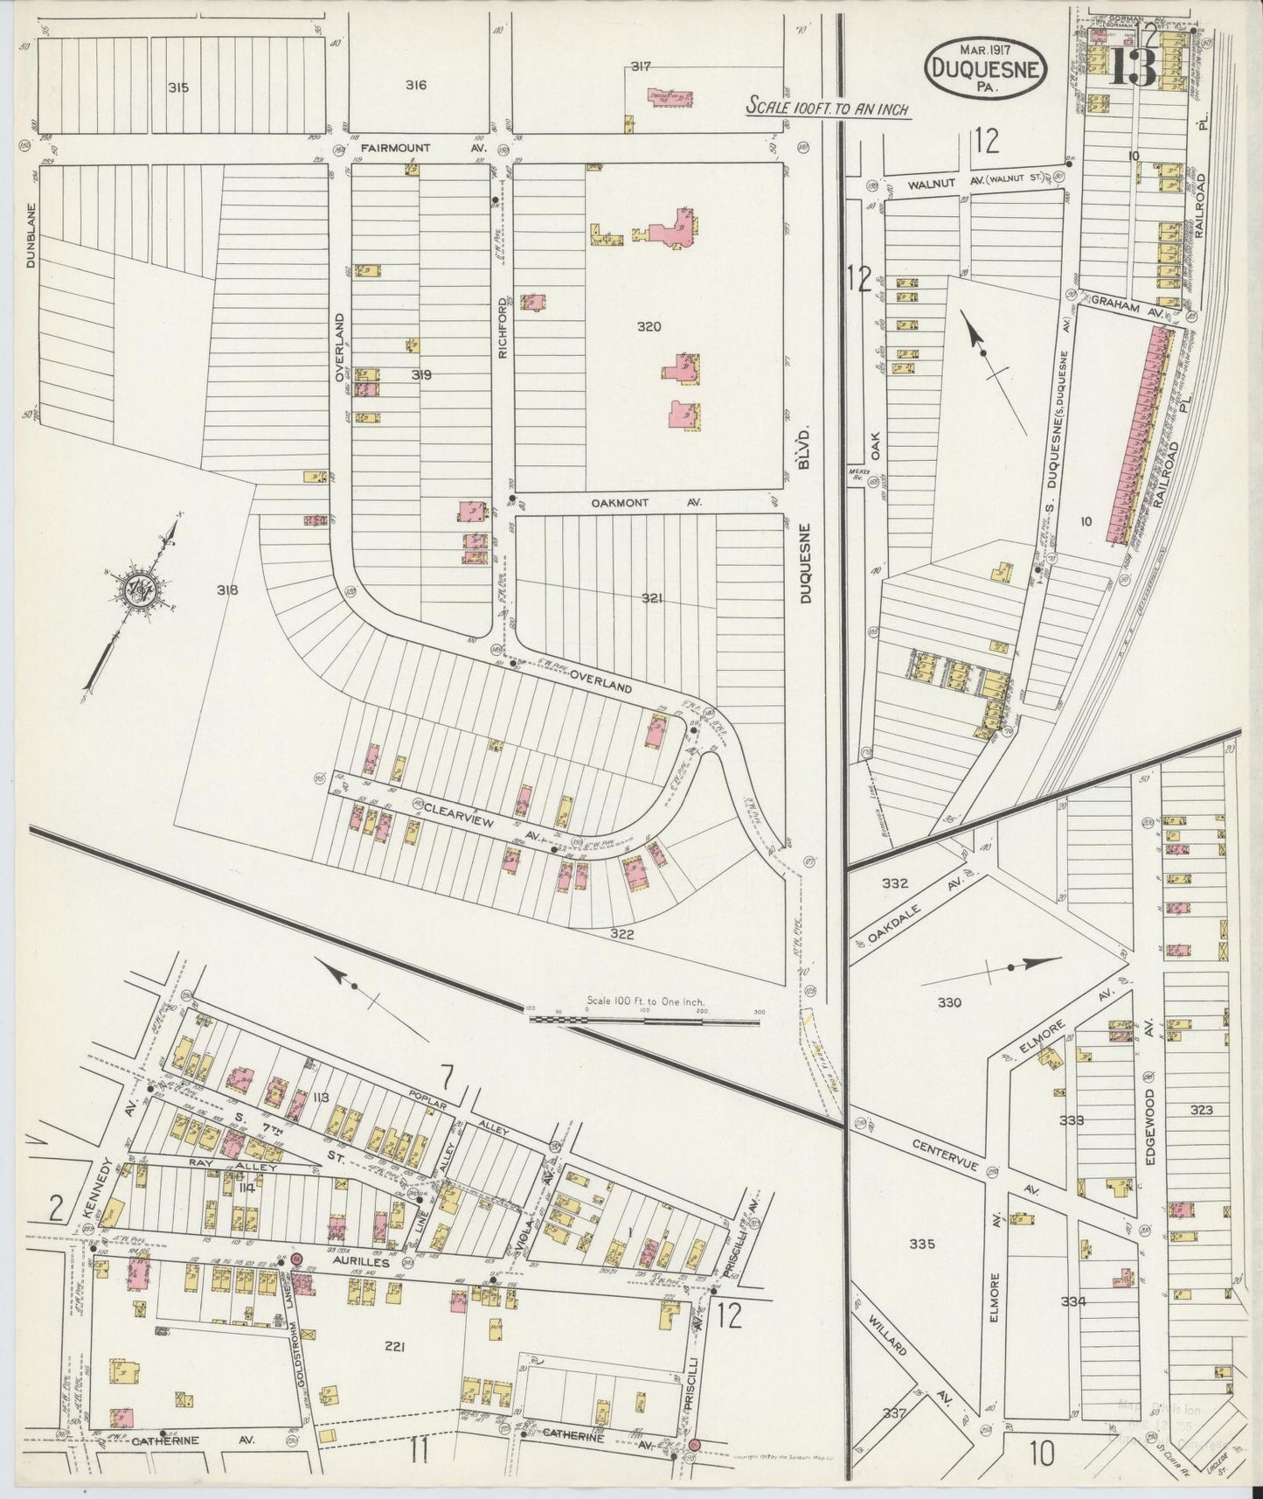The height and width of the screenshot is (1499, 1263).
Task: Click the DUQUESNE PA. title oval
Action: coord(984,62)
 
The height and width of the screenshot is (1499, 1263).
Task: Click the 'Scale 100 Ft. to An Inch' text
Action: coord(828,109)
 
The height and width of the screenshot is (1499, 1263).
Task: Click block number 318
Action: coord(227,590)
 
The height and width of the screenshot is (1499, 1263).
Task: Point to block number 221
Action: coord(393,1347)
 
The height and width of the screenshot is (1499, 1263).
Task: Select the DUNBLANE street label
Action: coord(31,236)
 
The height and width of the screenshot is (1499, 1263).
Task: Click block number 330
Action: coord(948,1002)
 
